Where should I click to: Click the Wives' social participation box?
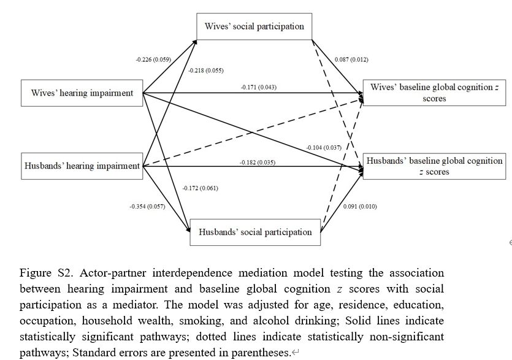[x=254, y=27]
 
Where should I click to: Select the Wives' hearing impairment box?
[x=82, y=93]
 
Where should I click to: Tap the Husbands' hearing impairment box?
[x=82, y=166]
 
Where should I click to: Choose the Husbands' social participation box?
[x=254, y=232]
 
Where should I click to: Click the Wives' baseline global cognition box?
[x=434, y=93]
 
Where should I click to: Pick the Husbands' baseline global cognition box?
[x=434, y=166]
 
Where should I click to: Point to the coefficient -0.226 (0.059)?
[x=153, y=60]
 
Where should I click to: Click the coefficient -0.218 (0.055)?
[x=206, y=71]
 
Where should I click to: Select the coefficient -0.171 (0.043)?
[x=258, y=87]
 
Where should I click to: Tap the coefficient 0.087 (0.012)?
[x=351, y=60]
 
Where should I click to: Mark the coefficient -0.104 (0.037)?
[x=324, y=148]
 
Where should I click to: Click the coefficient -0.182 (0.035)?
[x=257, y=163]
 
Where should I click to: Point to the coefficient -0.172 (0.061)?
[x=200, y=188]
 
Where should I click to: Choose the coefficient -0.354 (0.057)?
[x=147, y=207]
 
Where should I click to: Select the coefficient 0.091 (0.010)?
[x=360, y=207]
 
